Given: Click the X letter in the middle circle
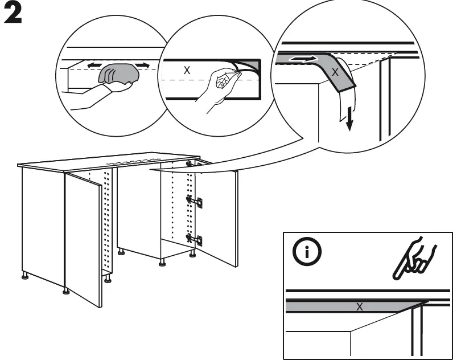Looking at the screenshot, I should coord(186,71).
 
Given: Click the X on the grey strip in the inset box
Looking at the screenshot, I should coord(359,306).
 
